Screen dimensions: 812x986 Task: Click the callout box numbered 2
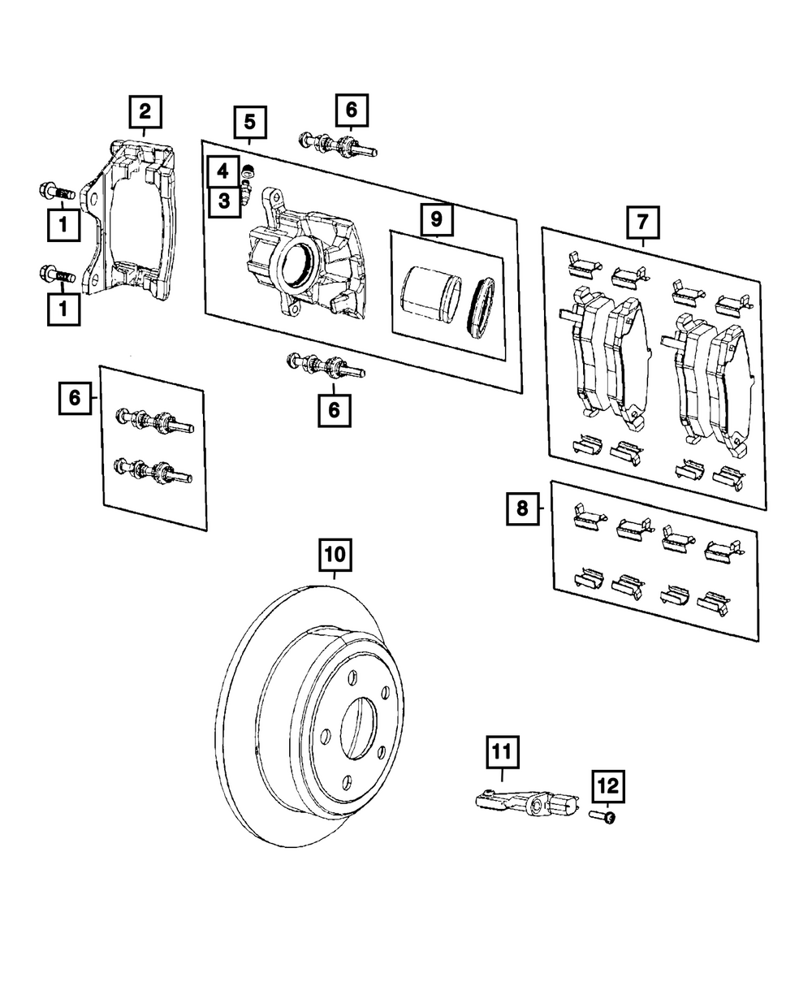(145, 112)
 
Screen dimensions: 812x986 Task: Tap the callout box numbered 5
(250, 123)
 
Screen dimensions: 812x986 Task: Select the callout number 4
(222, 171)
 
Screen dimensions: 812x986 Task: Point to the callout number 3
(224, 201)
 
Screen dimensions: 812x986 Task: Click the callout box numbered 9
(437, 219)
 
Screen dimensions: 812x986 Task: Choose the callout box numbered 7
(642, 222)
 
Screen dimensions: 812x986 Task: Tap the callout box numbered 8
(523, 508)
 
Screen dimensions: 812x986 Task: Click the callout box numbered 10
(335, 555)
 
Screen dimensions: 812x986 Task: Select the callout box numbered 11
(502, 752)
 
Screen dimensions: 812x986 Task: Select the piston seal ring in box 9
(481, 308)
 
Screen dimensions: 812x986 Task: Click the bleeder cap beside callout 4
(248, 171)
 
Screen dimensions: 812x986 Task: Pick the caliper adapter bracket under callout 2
(128, 220)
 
